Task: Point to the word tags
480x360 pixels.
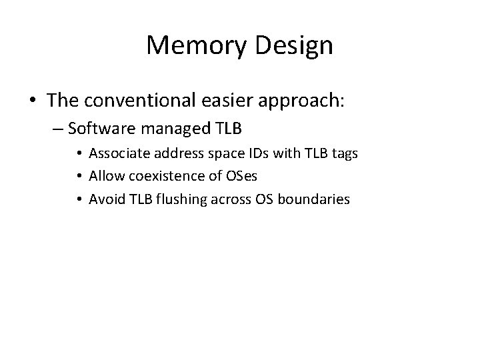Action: coord(343,154)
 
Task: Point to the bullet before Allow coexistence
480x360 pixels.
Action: coord(80,177)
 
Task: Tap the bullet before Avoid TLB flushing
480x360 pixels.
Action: coord(80,199)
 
